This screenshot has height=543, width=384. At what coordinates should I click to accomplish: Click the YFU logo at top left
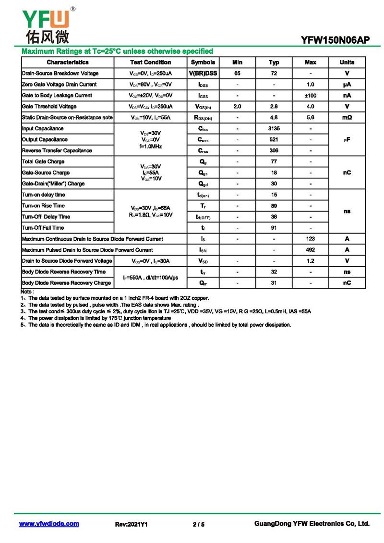click(x=46, y=24)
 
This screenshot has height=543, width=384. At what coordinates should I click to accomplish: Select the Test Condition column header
click(x=150, y=62)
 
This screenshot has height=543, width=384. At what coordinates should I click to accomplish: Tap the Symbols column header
click(x=203, y=62)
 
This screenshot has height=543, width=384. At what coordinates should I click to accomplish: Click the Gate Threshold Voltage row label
click(x=49, y=107)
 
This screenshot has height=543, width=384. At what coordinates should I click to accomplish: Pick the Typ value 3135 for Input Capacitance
click(x=274, y=129)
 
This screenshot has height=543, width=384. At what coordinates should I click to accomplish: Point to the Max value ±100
click(x=310, y=96)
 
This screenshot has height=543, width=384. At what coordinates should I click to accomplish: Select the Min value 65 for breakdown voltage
click(x=237, y=74)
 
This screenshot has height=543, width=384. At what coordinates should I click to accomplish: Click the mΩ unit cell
click(x=347, y=118)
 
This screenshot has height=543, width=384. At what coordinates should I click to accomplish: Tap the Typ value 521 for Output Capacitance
click(x=274, y=140)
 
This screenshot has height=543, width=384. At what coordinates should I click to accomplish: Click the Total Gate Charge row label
click(x=43, y=162)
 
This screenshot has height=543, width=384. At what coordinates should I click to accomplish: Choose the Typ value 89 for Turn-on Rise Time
click(x=274, y=206)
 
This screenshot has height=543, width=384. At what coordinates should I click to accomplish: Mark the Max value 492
click(x=310, y=250)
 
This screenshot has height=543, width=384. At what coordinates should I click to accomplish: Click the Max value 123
click(x=310, y=239)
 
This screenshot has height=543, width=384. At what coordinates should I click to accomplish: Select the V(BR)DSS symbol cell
click(x=203, y=74)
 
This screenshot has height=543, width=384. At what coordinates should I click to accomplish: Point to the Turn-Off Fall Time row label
click(x=43, y=228)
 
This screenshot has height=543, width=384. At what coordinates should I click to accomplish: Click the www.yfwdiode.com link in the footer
click(x=49, y=524)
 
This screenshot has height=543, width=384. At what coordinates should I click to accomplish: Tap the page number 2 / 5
click(x=198, y=524)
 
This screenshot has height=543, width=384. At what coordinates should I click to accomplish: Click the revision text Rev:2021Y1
click(x=131, y=524)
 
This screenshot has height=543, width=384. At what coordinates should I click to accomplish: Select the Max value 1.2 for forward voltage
click(x=310, y=261)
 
